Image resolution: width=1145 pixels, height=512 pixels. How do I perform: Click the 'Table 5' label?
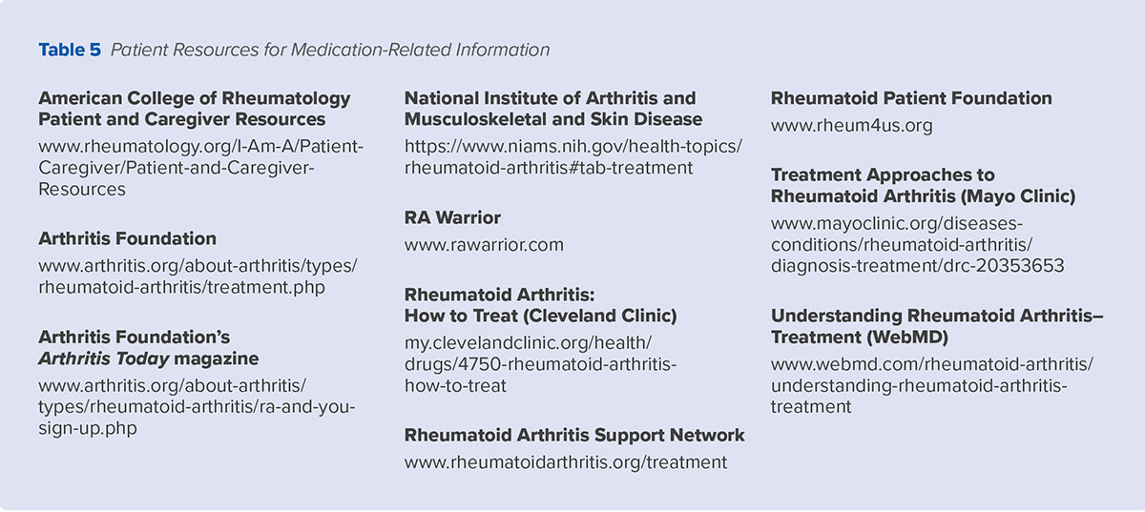70,50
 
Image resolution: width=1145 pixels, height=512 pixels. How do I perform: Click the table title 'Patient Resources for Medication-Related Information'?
330,50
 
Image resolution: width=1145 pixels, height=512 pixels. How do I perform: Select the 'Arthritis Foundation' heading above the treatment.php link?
127,238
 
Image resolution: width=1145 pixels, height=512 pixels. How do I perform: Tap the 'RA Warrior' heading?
452,217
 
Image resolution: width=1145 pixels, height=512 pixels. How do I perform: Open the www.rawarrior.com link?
484,245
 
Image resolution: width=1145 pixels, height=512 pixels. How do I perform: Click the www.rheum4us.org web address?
851,126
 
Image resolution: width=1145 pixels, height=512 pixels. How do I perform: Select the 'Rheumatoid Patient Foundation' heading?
911,98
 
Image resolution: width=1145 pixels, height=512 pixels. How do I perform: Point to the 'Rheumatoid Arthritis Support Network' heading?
574,436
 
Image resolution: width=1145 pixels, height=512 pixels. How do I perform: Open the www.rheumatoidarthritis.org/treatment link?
565,462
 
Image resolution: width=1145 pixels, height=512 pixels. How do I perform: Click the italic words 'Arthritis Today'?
104,358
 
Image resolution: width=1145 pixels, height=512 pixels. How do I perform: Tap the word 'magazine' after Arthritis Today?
217,358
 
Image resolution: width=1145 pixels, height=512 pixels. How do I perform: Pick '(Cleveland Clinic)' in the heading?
599,316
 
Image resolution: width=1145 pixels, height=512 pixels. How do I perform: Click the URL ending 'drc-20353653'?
918,266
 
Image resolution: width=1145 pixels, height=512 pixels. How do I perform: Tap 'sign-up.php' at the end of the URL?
88,428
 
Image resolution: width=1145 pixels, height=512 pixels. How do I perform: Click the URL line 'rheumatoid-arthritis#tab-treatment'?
549,168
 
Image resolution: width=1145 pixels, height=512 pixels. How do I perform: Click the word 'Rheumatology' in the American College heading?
286,98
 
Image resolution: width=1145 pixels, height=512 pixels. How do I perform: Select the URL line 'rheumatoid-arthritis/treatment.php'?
181,288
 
